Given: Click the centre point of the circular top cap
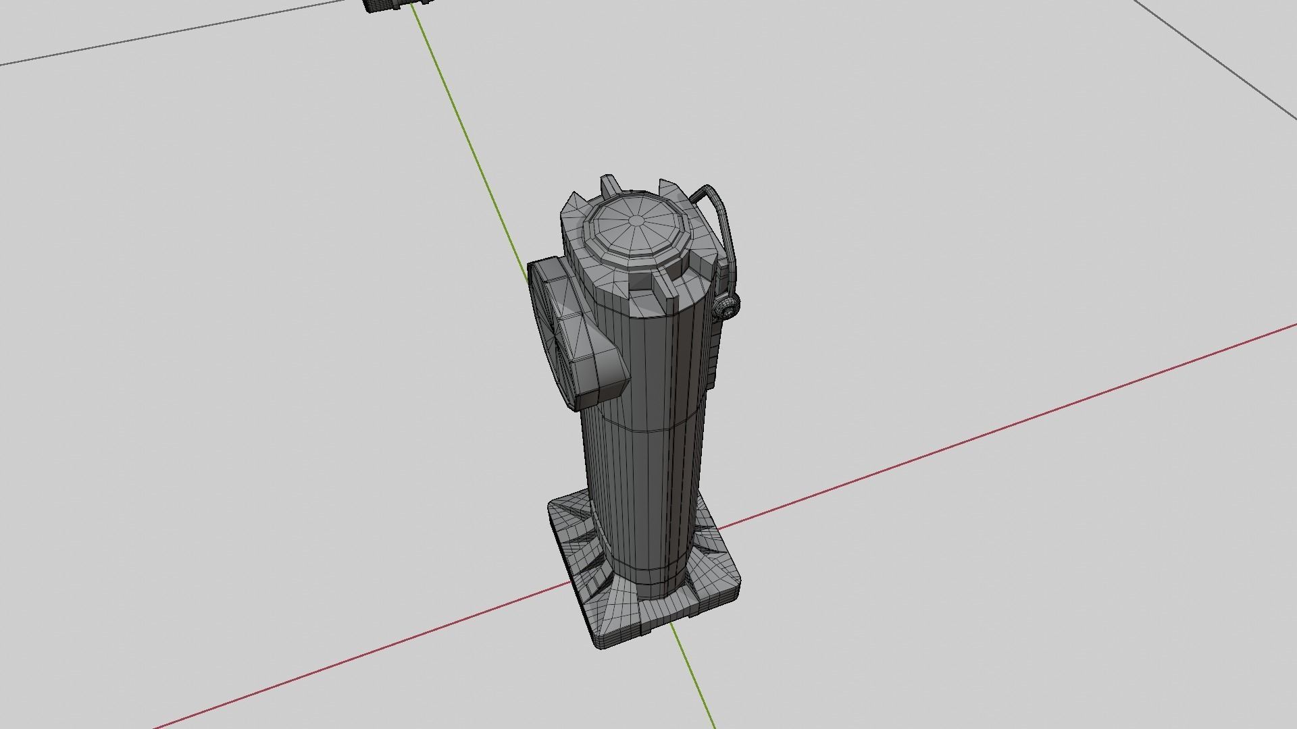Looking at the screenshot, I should pos(637,221).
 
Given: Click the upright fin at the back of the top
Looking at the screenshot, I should pos(609,184).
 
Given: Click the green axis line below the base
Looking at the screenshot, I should pos(696,682).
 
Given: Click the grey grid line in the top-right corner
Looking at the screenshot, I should pos(1216,61).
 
